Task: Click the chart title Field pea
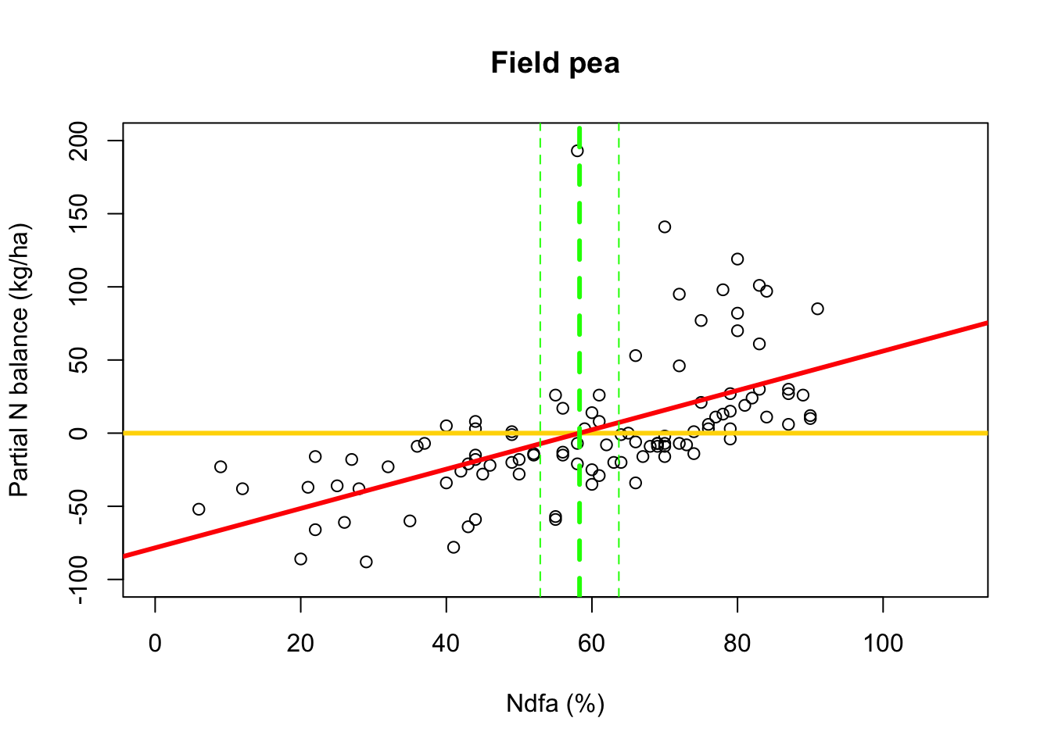click(555, 63)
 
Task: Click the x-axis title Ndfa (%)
click(555, 704)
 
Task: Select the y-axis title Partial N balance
click(20, 360)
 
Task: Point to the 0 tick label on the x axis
click(155, 644)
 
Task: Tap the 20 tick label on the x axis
click(300, 644)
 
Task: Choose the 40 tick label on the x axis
click(446, 644)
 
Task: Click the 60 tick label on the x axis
click(591, 644)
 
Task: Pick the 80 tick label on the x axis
click(737, 644)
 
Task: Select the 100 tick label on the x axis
click(882, 644)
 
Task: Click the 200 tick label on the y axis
click(80, 141)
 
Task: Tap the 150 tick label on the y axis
click(80, 214)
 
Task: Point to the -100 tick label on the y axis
click(80, 579)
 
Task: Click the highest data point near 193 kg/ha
click(577, 151)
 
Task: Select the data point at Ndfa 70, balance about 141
click(665, 227)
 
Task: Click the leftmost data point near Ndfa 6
click(199, 509)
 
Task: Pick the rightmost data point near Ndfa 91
click(817, 309)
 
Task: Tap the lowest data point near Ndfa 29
click(366, 562)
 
